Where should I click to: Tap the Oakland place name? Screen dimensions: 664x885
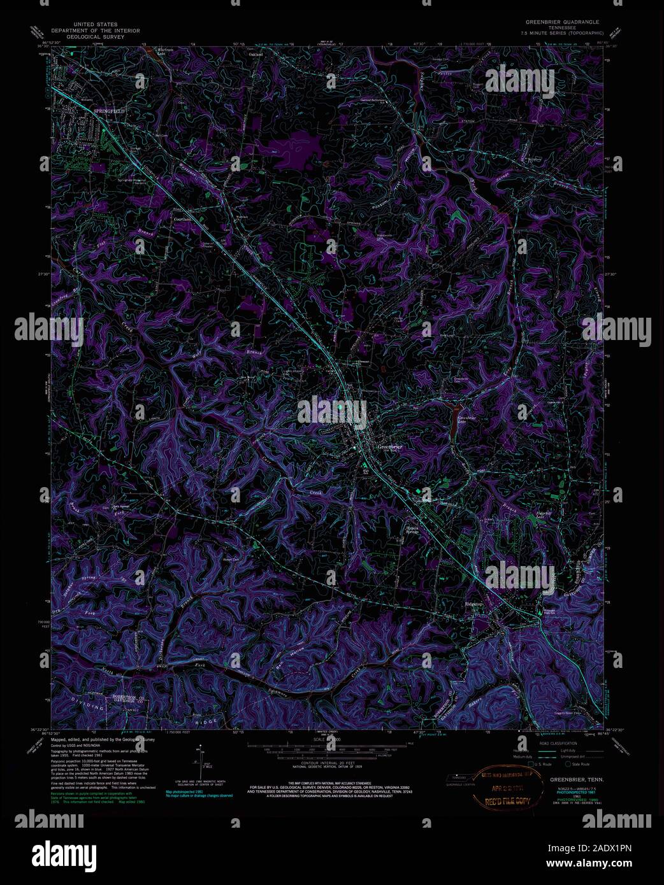pyautogui.click(x=256, y=55)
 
